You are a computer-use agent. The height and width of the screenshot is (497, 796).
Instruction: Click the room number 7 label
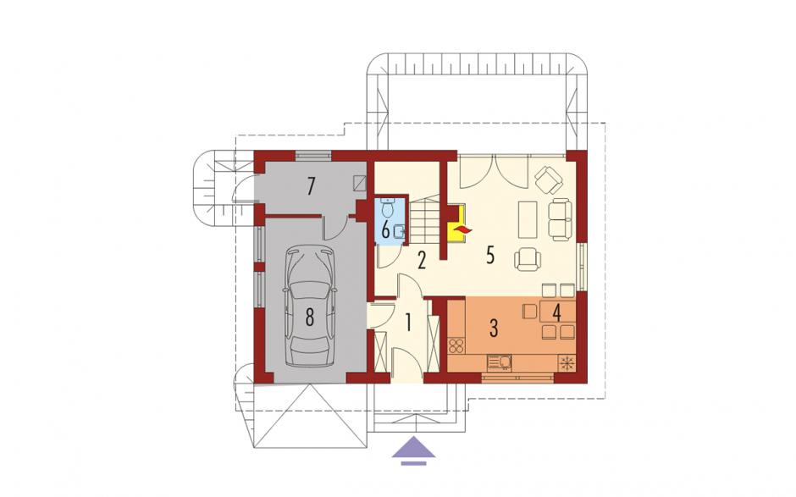pyautogui.click(x=312, y=186)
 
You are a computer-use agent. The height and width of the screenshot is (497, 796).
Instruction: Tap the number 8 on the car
pyautogui.click(x=310, y=318)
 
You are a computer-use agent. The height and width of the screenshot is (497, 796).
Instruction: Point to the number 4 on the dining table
pyautogui.click(x=557, y=313)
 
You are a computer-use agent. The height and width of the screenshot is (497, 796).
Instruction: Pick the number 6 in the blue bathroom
pyautogui.click(x=386, y=231)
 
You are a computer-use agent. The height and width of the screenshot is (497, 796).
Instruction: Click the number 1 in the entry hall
pyautogui.click(x=408, y=323)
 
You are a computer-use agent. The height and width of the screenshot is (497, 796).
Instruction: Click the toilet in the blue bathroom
pyautogui.click(x=388, y=207)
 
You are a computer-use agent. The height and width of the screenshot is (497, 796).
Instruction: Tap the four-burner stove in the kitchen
pyautogui.click(x=456, y=346)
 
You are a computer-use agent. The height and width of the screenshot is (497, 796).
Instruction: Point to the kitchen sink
pyautogui.click(x=500, y=362)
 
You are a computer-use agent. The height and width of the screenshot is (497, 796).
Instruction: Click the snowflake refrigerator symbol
pyautogui.click(x=566, y=363)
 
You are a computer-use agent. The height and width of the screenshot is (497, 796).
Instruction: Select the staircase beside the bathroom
pyautogui.click(x=424, y=221)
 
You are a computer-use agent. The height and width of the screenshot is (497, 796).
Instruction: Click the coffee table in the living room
pyautogui.click(x=528, y=219)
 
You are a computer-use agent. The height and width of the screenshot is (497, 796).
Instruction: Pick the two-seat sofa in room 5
pyautogui.click(x=560, y=219)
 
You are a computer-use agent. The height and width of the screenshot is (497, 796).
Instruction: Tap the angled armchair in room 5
pyautogui.click(x=549, y=179)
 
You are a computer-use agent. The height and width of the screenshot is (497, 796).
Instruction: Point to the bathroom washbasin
pyautogui.click(x=399, y=231)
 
